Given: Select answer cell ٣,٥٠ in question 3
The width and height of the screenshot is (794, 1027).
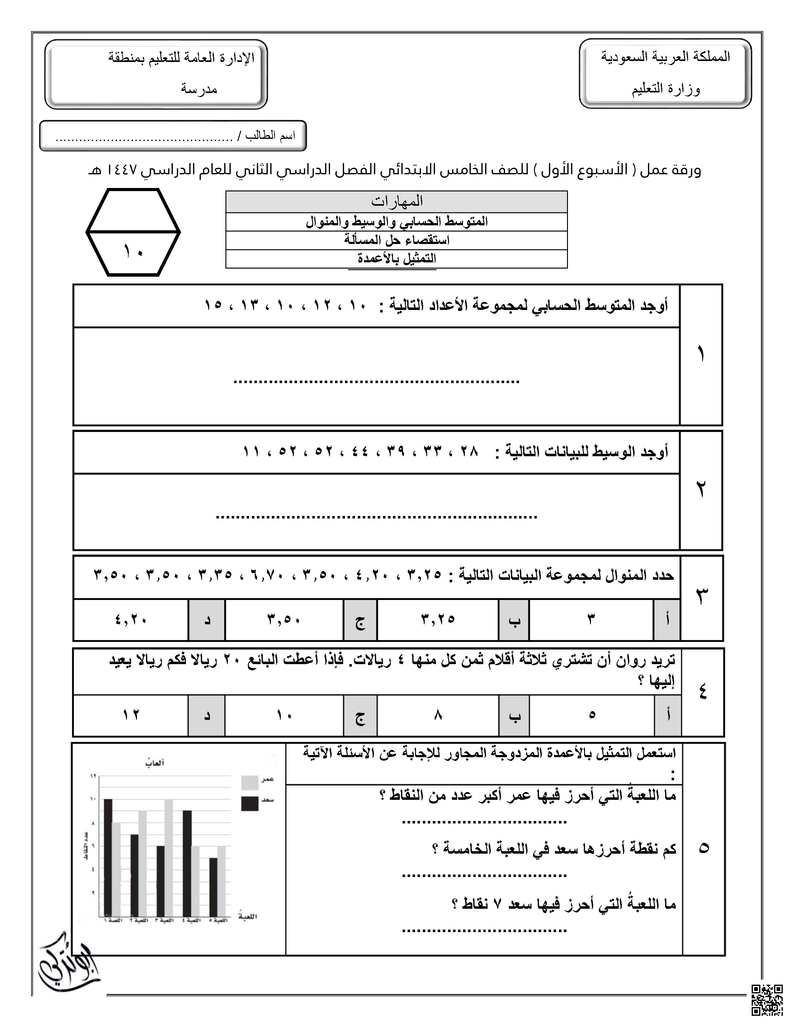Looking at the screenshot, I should (x=284, y=619).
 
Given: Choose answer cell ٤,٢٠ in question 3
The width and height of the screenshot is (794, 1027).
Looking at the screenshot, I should (x=131, y=619).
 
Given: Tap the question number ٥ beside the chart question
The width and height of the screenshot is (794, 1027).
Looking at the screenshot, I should (x=703, y=848).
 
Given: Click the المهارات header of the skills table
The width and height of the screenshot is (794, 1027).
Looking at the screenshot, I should (x=396, y=201).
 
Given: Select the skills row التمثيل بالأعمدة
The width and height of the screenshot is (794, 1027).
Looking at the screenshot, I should (x=396, y=259).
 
